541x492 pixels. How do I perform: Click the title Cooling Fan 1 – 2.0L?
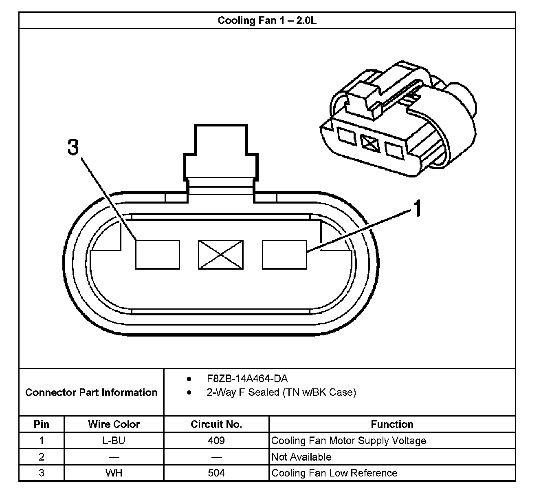[x=267, y=20]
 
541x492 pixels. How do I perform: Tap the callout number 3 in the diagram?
[x=73, y=147]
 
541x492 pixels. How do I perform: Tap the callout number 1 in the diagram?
[x=416, y=209]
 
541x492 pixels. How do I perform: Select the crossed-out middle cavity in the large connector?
[x=220, y=255]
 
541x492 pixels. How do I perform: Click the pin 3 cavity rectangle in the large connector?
[x=157, y=255]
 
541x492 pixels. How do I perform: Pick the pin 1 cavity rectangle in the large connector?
[x=284, y=255]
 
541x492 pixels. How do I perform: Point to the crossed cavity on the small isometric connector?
[x=370, y=142]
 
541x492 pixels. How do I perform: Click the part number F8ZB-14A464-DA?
[x=247, y=379]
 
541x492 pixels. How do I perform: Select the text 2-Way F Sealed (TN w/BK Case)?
[x=281, y=392]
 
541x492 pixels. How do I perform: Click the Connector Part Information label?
[x=91, y=392]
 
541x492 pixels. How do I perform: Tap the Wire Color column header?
[x=114, y=424]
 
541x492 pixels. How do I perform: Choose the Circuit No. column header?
[x=216, y=424]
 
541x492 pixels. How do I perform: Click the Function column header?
[x=392, y=424]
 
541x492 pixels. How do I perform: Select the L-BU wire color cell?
[x=114, y=441]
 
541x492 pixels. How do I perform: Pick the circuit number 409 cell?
[x=216, y=441]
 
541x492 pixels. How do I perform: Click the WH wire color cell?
[x=114, y=473]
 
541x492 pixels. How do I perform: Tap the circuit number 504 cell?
[x=216, y=473]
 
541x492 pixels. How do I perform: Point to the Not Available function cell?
[x=301, y=457]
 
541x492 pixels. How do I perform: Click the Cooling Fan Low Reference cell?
[x=334, y=473]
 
